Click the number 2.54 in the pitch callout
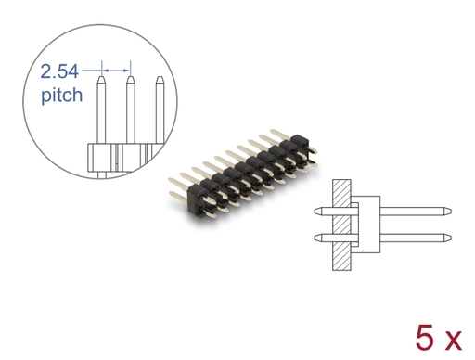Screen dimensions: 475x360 tap(59, 71)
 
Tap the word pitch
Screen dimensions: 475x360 tap(62, 95)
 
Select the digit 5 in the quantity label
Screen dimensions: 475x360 tap(425, 338)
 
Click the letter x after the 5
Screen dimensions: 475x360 tap(452, 341)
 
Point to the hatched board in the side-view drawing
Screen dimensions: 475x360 tap(341, 225)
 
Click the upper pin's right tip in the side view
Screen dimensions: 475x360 tap(451, 212)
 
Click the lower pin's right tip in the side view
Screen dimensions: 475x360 tap(451, 238)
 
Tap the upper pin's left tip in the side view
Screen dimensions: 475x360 tap(315, 212)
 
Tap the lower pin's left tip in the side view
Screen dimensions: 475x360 tap(315, 238)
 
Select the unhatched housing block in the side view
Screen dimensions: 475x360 tap(369, 225)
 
